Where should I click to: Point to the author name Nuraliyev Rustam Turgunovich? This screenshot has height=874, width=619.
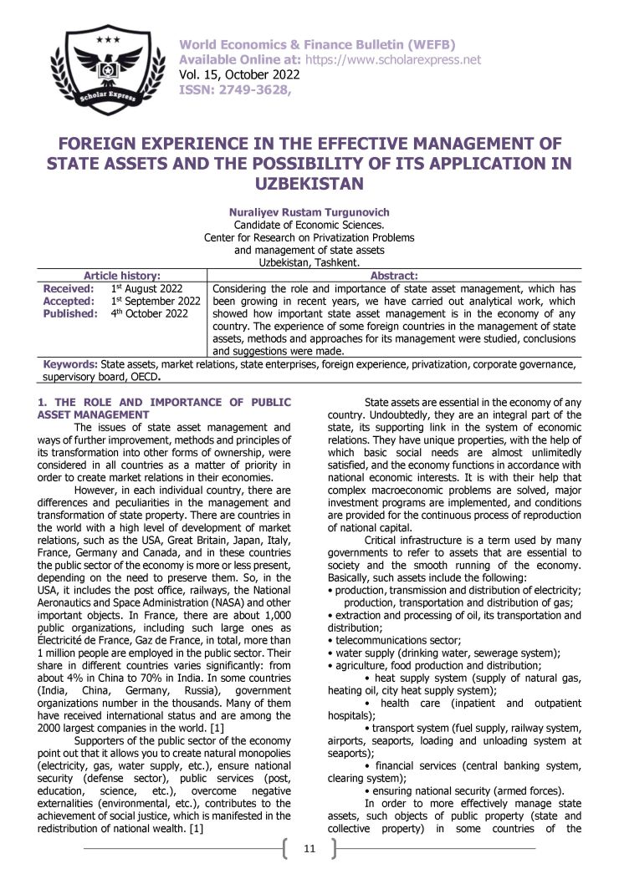(309, 212)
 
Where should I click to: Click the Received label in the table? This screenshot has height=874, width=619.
(69, 288)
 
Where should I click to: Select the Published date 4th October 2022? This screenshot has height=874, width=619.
(150, 313)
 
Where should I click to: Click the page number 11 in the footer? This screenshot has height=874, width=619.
(309, 849)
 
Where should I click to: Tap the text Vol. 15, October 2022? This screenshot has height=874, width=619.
(233, 75)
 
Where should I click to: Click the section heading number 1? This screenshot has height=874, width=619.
(42, 403)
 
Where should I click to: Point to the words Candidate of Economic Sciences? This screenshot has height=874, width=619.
(309, 225)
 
